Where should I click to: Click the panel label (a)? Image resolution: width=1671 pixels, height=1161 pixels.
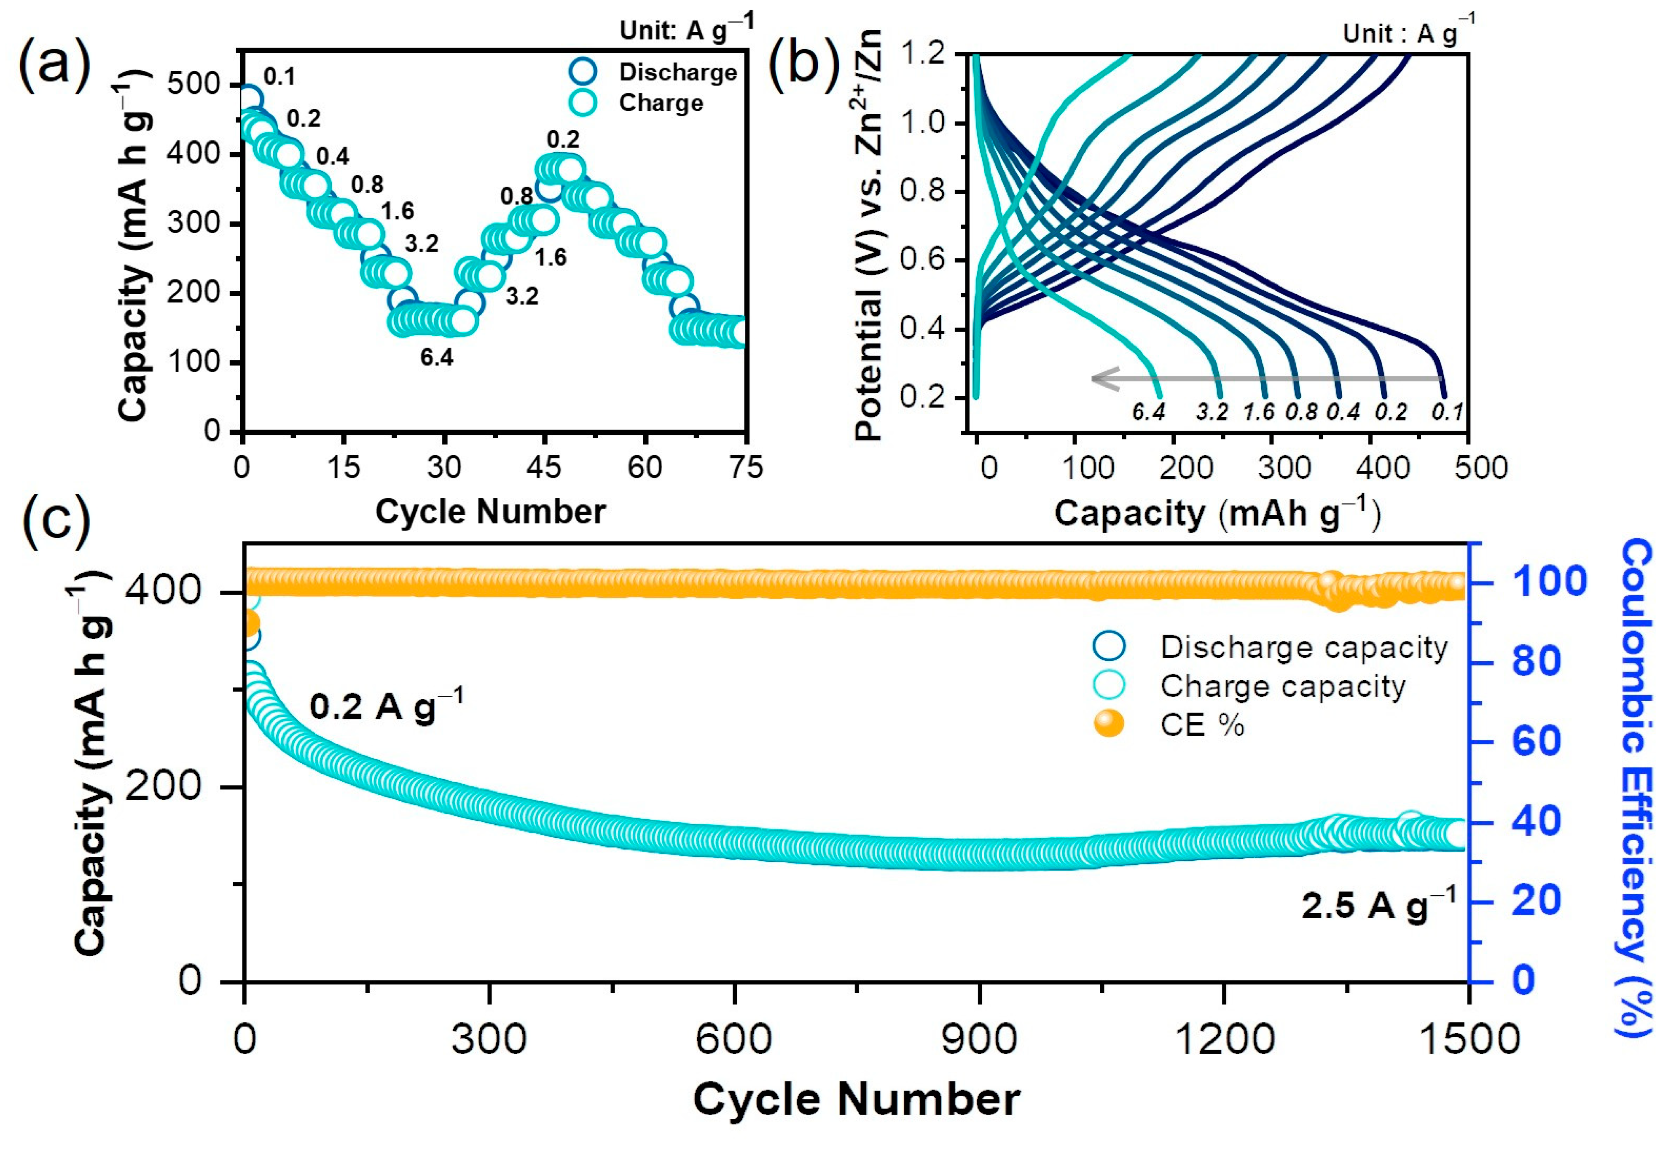tap(54, 65)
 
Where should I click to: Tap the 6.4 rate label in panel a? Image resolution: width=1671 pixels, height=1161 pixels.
tap(436, 357)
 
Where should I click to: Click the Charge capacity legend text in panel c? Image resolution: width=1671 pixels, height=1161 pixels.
tap(1282, 686)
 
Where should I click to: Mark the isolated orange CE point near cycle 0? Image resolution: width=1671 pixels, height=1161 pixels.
tap(249, 623)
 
